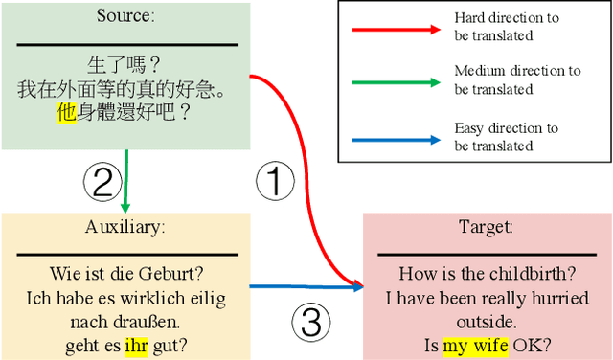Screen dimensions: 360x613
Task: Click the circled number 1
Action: click(276, 180)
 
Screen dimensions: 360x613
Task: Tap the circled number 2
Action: click(103, 180)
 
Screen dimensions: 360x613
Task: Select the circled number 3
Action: click(310, 322)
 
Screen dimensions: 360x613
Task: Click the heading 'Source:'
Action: click(127, 16)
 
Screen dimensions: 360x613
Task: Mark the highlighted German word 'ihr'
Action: click(137, 345)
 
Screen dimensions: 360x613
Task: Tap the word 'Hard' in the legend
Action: click(470, 18)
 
